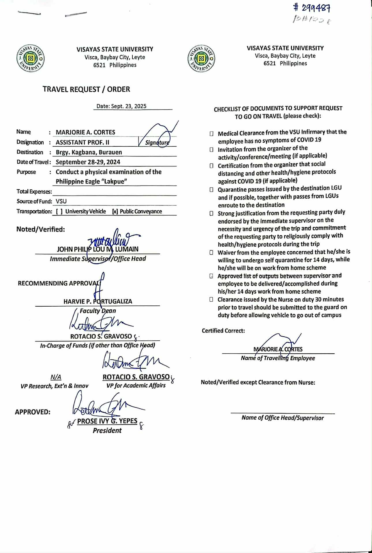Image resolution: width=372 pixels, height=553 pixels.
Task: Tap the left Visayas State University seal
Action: pyautogui.click(x=30, y=58)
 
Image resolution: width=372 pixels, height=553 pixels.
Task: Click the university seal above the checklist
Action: pyautogui.click(x=201, y=58)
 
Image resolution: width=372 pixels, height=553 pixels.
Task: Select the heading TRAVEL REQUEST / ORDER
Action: pyautogui.click(x=86, y=89)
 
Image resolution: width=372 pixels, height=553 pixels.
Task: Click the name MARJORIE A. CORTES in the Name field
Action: pyautogui.click(x=85, y=132)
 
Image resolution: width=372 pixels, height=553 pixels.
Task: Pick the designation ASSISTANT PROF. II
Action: pyautogui.click(x=82, y=142)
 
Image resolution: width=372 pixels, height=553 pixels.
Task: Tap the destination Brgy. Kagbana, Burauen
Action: pyautogui.click(x=89, y=152)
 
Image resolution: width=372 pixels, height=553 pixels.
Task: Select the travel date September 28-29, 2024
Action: pyautogui.click(x=88, y=162)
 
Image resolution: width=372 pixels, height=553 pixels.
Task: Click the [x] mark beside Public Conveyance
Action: pyautogui.click(x=115, y=212)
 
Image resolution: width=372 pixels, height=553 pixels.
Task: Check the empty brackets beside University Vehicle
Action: pyautogui.click(x=59, y=212)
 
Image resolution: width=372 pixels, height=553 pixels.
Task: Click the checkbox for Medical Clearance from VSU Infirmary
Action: pyautogui.click(x=212, y=134)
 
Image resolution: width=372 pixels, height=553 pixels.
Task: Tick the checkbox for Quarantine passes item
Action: pyautogui.click(x=212, y=190)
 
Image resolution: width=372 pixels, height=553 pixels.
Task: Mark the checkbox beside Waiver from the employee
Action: pyautogui.click(x=212, y=253)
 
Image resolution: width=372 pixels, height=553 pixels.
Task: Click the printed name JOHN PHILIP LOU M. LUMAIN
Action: pyautogui.click(x=97, y=249)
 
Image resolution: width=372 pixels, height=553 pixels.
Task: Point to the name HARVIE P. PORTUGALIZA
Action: pyautogui.click(x=98, y=301)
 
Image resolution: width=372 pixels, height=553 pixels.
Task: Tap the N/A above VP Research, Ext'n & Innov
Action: pyautogui.click(x=56, y=377)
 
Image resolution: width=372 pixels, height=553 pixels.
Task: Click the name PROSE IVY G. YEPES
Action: pyautogui.click(x=107, y=421)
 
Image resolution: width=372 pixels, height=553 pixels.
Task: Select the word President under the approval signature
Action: pyautogui.click(x=107, y=431)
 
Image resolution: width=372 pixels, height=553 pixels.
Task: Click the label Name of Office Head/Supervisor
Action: pyautogui.click(x=283, y=418)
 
